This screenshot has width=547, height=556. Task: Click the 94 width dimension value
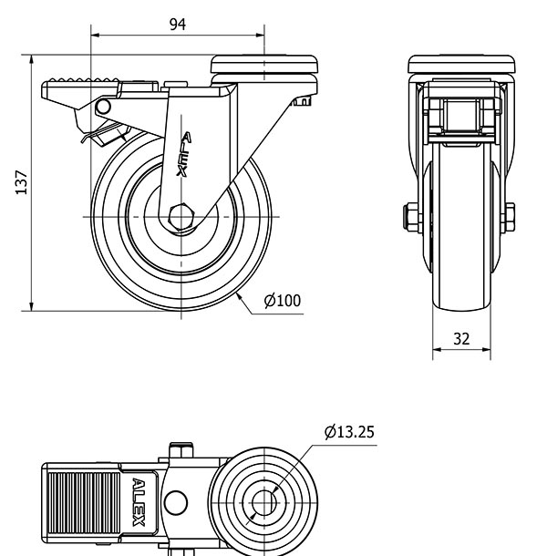[x=178, y=25]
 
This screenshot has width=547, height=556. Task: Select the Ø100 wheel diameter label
[x=282, y=301]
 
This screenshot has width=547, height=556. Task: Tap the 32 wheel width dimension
[x=461, y=338]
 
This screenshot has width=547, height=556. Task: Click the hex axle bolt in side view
[x=181, y=216]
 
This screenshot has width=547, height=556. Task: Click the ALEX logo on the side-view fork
[x=185, y=156]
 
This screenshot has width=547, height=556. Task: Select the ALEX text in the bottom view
[x=139, y=502]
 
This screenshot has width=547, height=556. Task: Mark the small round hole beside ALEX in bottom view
[x=177, y=502]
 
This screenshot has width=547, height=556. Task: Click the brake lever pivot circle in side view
[x=102, y=108]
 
